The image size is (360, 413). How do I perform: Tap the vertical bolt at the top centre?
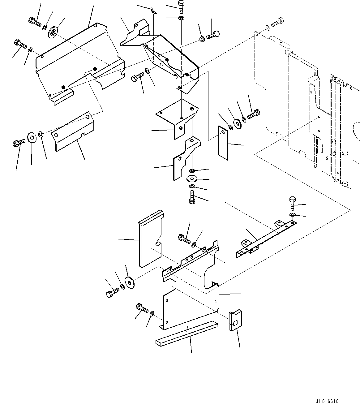(x=181, y=6)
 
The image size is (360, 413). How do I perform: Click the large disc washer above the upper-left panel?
(x=54, y=32)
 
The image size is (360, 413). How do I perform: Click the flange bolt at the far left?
(x=18, y=143)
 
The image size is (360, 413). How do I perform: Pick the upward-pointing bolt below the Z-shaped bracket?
(x=191, y=197)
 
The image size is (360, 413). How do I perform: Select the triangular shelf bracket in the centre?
(x=177, y=118)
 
